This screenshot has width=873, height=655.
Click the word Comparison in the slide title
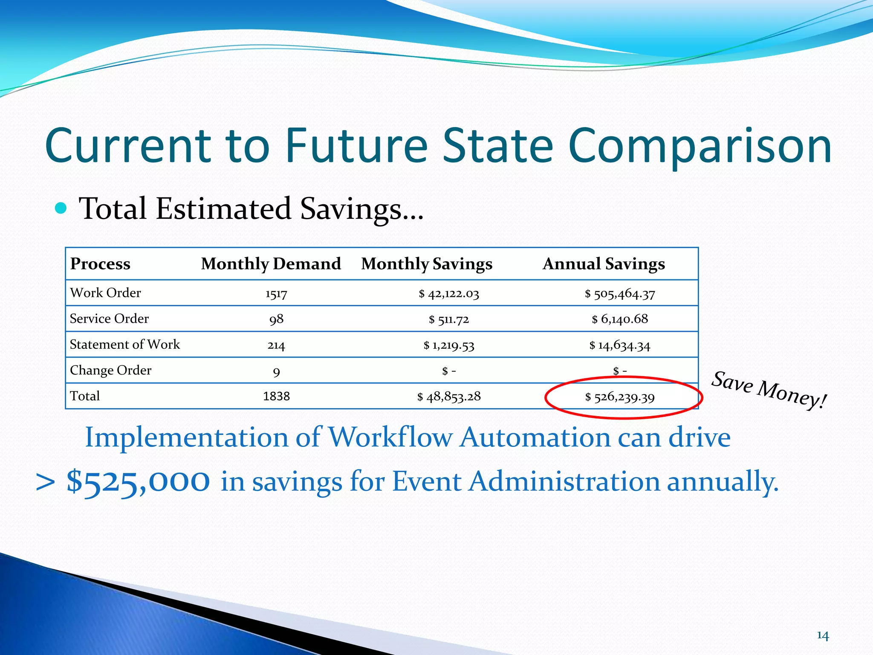[700, 146]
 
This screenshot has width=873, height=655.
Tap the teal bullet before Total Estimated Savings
[61, 208]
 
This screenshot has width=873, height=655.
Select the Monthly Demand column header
[271, 264]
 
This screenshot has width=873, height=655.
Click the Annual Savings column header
[604, 264]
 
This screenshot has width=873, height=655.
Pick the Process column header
[100, 264]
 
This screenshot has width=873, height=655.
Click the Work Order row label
[105, 293]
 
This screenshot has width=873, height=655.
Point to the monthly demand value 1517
[276, 294]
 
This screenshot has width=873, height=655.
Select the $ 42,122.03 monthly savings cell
[449, 294]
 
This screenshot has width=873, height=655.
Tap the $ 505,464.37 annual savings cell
[620, 294]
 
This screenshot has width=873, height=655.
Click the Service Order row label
[109, 319]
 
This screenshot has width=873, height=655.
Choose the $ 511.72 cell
[449, 319]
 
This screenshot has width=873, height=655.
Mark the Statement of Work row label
[125, 345]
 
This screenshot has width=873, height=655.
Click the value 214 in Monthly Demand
[276, 345]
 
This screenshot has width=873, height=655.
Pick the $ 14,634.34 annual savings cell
[620, 345]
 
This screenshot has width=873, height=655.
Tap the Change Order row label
[110, 370]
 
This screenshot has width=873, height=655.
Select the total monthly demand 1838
[276, 397]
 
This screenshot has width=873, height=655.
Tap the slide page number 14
[823, 636]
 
